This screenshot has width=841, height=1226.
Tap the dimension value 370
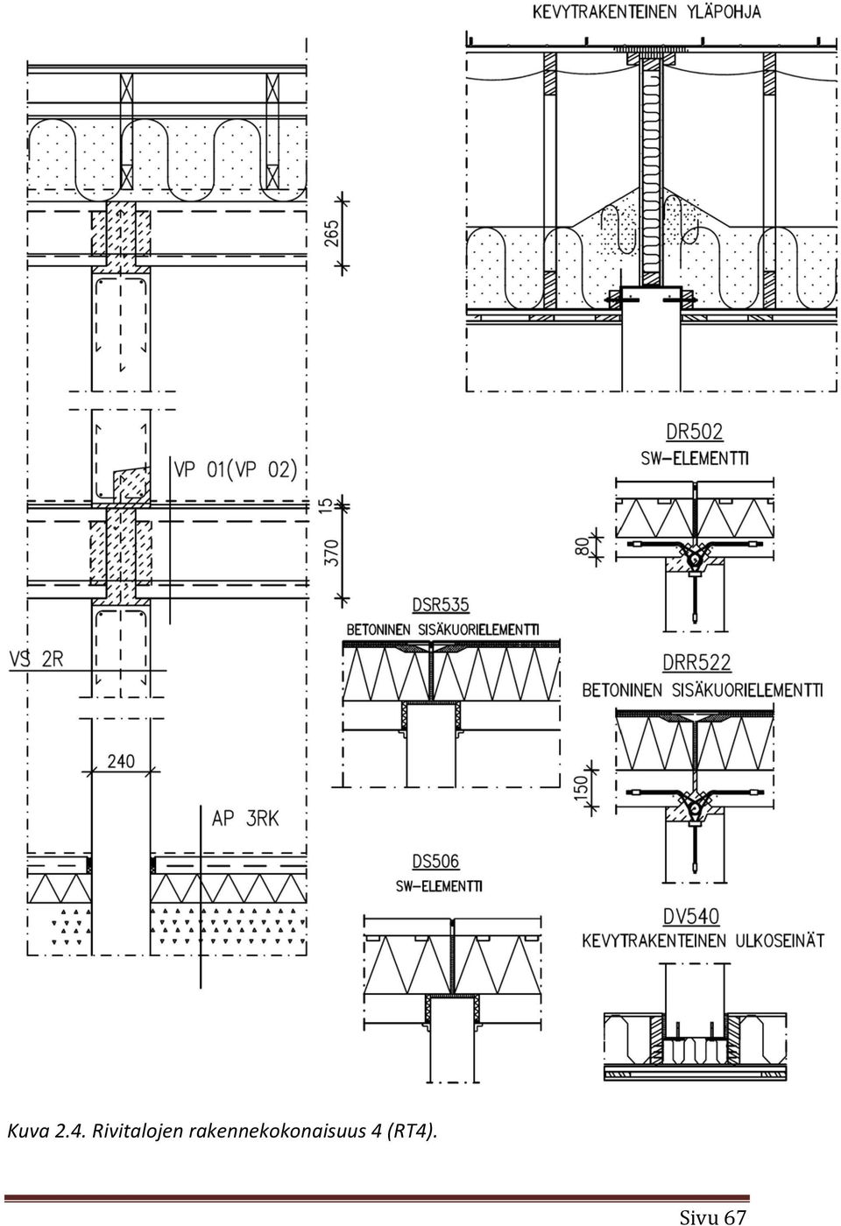pyautogui.click(x=332, y=553)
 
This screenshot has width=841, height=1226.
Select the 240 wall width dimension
pyautogui.click(x=121, y=761)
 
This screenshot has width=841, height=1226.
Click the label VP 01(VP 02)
pyautogui.click(x=236, y=470)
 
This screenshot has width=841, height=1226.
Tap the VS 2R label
pyautogui.click(x=36, y=659)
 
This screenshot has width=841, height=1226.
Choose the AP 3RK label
pyautogui.click(x=245, y=819)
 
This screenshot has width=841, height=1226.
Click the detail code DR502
pyautogui.click(x=694, y=432)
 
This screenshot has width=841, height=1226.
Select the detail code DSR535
pyautogui.click(x=441, y=605)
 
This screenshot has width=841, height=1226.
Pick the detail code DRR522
pyautogui.click(x=696, y=662)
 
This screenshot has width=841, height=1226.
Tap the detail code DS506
pyautogui.click(x=436, y=862)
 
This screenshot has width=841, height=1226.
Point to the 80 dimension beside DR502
pyautogui.click(x=582, y=546)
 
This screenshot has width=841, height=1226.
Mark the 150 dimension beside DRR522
pyautogui.click(x=582, y=786)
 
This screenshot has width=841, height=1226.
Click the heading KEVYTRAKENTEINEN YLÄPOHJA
pyautogui.click(x=647, y=12)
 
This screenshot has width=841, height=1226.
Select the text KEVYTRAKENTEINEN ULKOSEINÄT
pyautogui.click(x=703, y=941)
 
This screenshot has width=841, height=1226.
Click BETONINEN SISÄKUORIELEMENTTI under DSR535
pyautogui.click(x=442, y=630)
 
